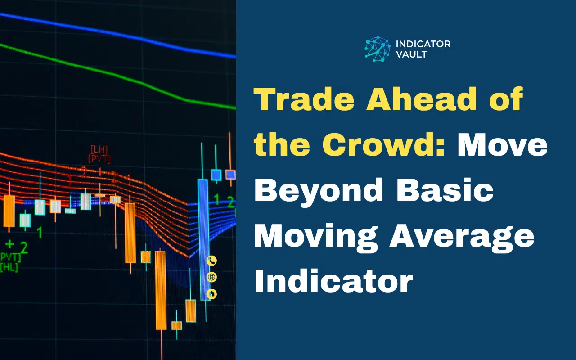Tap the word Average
[462, 236]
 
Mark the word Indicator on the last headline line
[333, 281]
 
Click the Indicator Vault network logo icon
[377, 49]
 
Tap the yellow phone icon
[211, 261]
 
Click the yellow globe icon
[211, 277]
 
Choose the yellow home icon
[211, 294]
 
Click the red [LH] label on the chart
[99, 149]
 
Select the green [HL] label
[9, 267]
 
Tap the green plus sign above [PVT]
[9, 245]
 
